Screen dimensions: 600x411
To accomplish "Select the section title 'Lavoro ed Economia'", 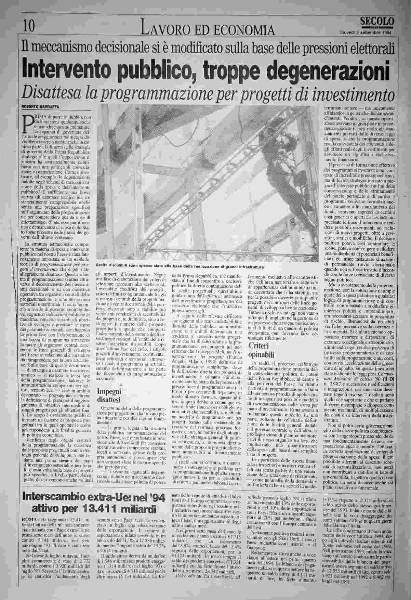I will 208,30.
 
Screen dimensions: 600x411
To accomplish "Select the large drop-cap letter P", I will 28,125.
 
